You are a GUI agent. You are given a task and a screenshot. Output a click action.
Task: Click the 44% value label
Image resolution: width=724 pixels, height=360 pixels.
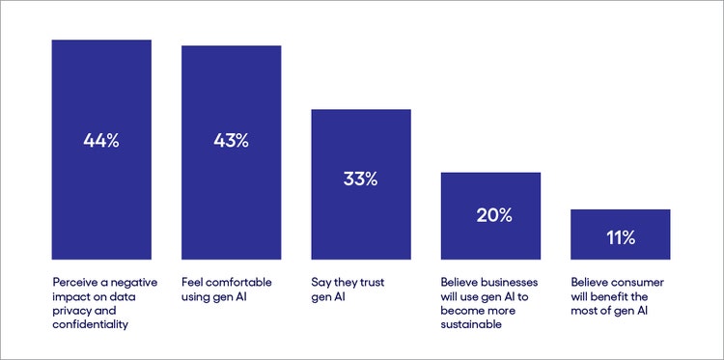click(101, 141)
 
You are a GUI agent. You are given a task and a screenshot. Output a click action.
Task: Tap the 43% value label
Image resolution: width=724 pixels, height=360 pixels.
click(231, 141)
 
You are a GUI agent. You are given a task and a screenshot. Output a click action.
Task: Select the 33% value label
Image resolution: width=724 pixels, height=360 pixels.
click(360, 179)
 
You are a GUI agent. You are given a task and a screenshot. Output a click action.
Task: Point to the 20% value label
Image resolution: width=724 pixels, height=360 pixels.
click(490, 214)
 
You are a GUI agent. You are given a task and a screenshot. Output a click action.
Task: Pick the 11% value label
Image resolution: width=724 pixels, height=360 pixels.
click(620, 235)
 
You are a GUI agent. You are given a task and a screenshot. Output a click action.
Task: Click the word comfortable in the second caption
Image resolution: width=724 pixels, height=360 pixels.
click(240, 282)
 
